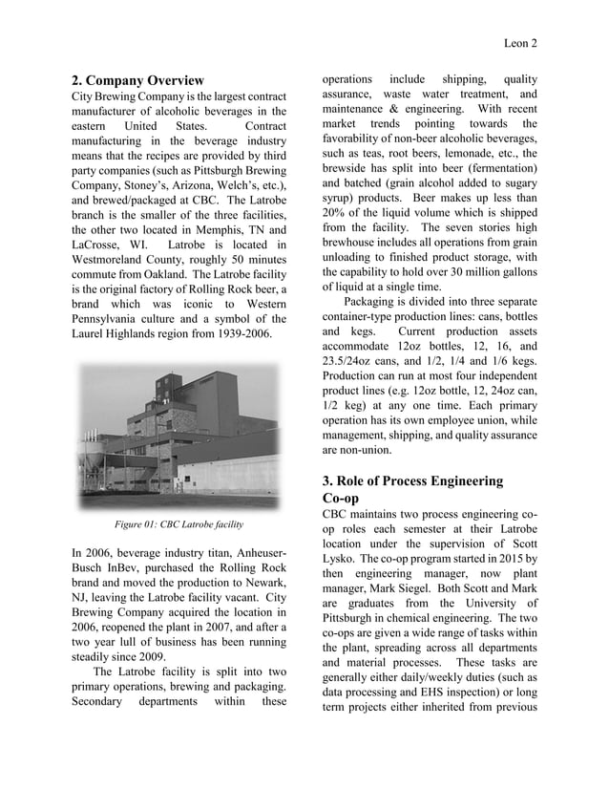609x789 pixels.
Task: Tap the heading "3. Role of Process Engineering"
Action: coord(411,480)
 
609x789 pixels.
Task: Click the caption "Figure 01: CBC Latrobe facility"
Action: coord(178,524)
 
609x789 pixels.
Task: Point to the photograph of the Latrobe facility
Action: coord(179,436)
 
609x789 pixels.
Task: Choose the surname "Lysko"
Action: coord(340,559)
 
